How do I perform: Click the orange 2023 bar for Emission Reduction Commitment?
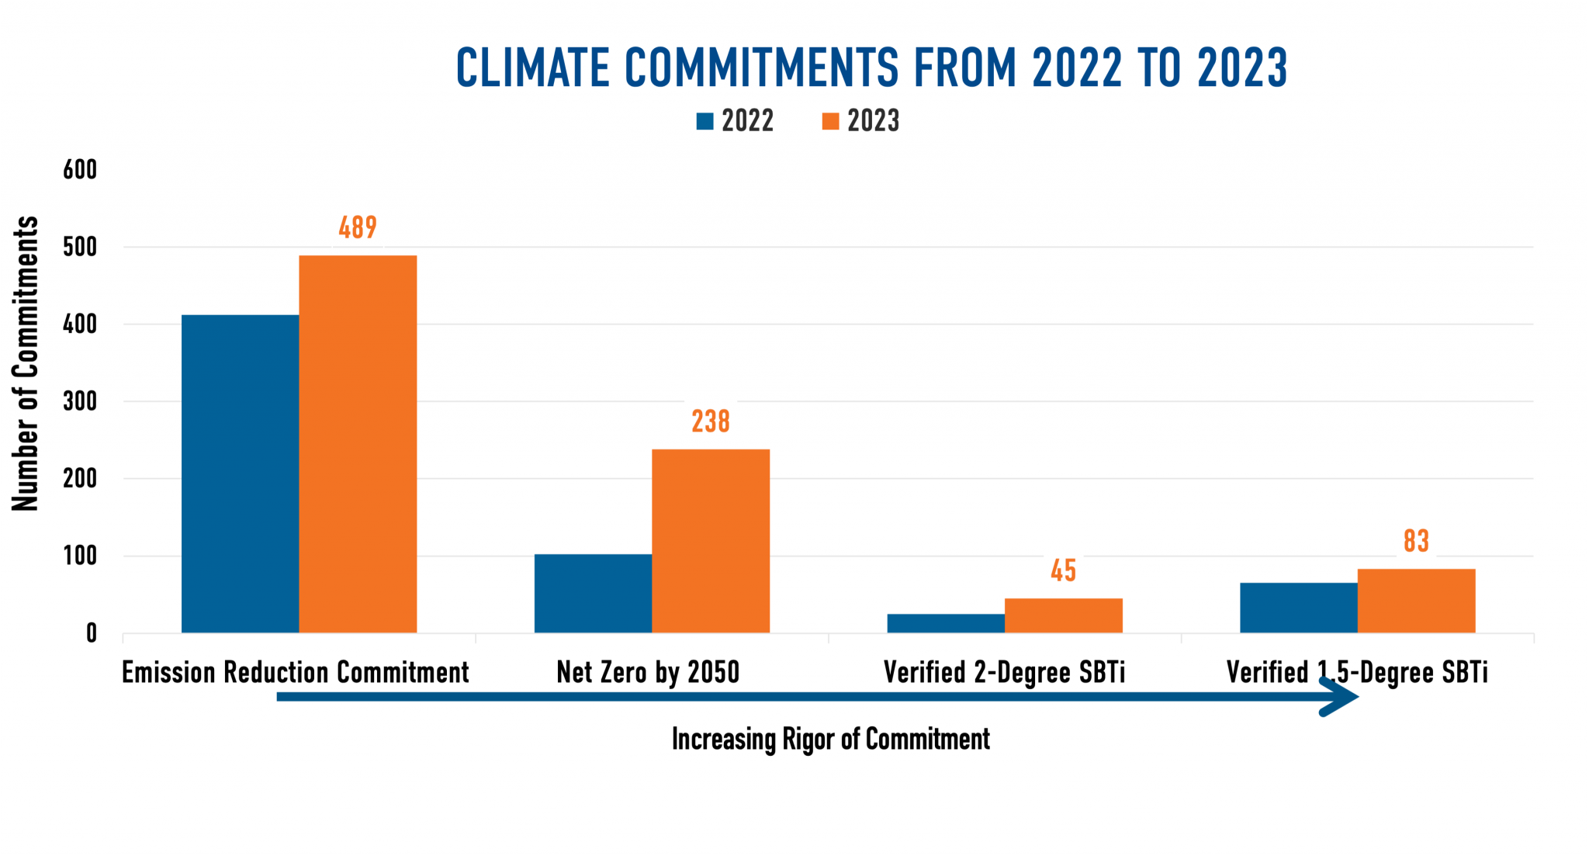click(358, 444)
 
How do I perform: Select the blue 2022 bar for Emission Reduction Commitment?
click(240, 473)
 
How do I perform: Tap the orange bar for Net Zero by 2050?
click(711, 541)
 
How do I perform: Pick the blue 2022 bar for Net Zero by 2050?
click(593, 594)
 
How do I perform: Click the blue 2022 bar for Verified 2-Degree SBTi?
click(946, 623)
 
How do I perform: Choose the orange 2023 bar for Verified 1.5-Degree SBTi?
click(1416, 601)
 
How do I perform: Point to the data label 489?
click(358, 227)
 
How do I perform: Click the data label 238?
click(711, 421)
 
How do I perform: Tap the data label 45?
click(1063, 570)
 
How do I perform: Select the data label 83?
click(1416, 541)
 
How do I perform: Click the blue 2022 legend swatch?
click(704, 121)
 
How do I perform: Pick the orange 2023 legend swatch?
click(830, 121)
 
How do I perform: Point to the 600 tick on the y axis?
click(80, 170)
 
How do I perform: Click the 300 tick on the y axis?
click(80, 401)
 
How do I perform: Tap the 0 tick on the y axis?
click(91, 633)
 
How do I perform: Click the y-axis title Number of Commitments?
click(26, 363)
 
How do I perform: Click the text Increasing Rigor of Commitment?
click(830, 739)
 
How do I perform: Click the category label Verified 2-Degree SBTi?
click(1004, 672)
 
